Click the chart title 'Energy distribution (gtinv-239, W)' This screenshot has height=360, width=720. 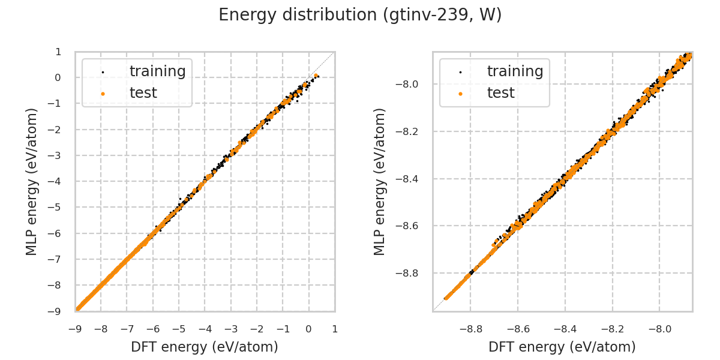360,15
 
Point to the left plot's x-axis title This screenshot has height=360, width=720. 205,347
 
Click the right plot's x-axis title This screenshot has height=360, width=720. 562,347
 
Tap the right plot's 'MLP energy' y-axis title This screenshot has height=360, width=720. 380,181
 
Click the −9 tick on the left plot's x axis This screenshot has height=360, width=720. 75,329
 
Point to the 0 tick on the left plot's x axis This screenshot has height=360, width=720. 308,329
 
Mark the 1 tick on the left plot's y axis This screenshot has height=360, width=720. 58,52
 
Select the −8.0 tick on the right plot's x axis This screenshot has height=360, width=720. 659,329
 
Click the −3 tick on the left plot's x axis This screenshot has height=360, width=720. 230,329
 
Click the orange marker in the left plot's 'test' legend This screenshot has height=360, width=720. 103,93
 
